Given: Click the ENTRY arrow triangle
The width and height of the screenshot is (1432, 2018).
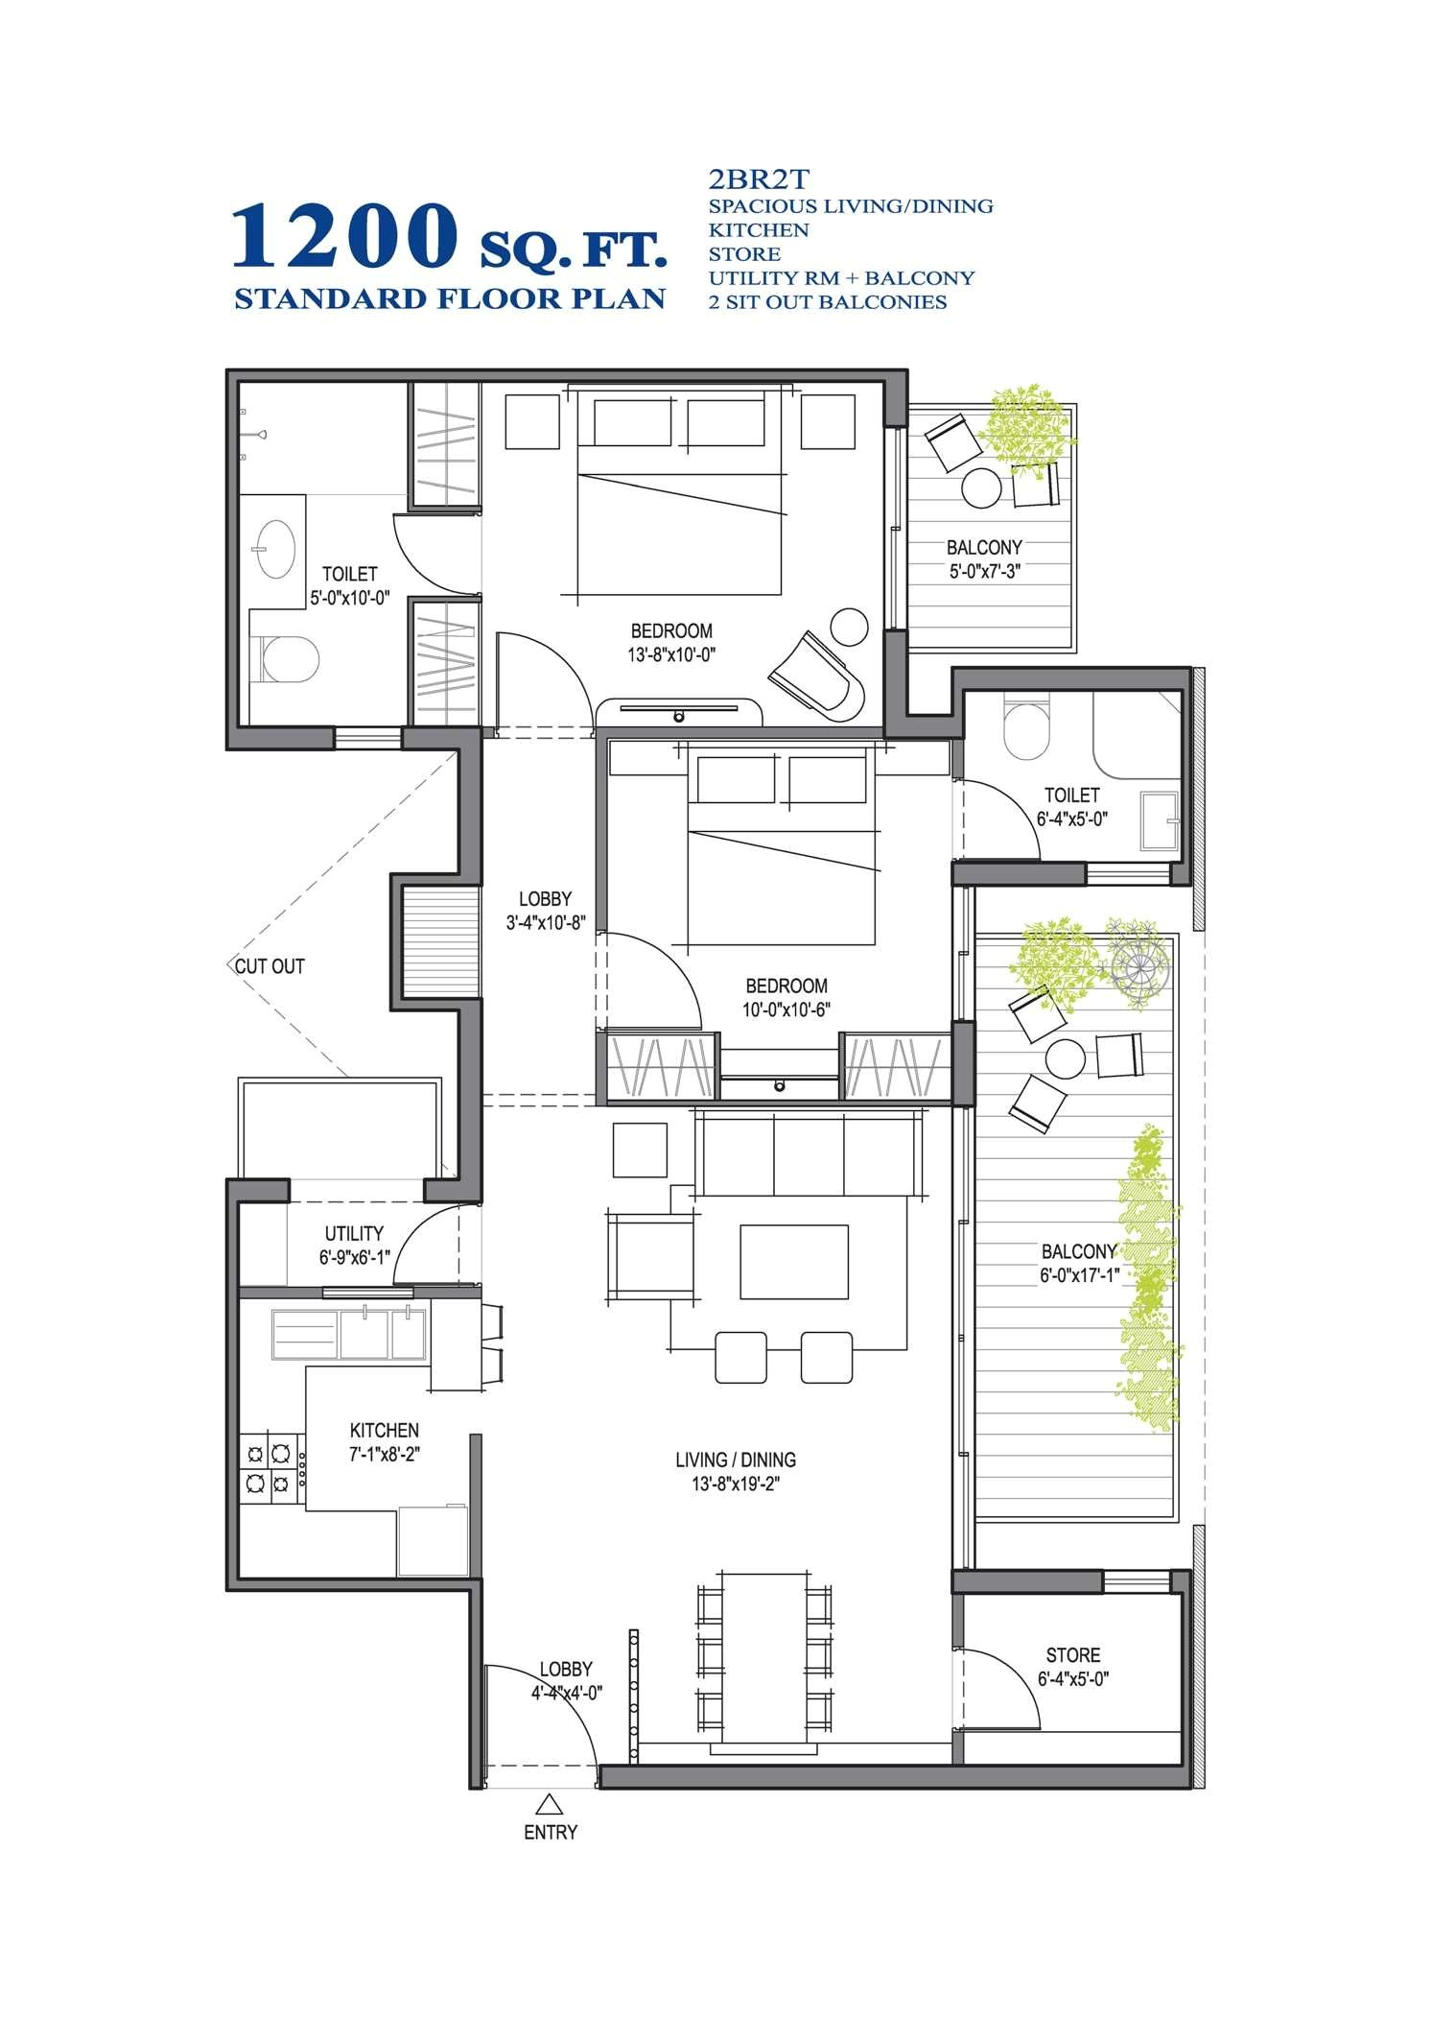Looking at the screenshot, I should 549,1802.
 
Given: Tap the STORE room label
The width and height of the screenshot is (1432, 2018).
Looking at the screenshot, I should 1072,1654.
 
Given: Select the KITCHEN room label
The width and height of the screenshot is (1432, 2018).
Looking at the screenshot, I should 384,1430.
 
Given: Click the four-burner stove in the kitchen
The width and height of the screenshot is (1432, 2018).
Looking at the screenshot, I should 268,1468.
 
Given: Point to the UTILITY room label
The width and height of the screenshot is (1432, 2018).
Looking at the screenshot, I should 353,1233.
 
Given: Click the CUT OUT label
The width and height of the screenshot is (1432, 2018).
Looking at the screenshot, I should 270,966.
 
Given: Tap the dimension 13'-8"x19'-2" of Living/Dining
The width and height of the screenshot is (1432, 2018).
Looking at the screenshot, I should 736,1484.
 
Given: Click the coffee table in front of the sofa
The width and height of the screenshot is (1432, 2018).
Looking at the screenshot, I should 793,1261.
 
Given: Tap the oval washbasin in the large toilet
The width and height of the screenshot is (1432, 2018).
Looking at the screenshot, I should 275,549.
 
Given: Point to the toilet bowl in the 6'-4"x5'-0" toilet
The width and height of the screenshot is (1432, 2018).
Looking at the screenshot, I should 1025,731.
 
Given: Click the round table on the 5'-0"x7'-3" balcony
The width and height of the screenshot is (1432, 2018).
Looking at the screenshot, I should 981,487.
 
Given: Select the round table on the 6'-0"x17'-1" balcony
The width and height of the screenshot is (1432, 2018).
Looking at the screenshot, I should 1065,1058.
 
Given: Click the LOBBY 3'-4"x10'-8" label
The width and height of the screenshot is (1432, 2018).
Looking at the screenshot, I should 545,911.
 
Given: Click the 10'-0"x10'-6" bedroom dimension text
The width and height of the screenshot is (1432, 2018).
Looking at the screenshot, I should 786,1009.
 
